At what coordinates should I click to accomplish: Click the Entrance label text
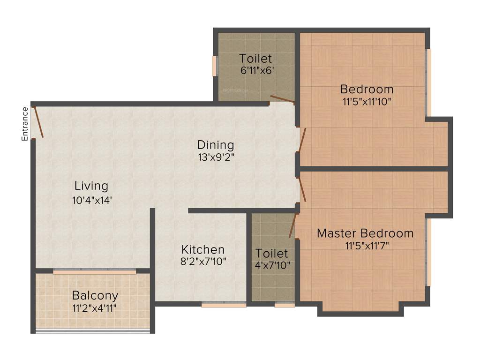tap(24, 124)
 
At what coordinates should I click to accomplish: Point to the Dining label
tap(215, 144)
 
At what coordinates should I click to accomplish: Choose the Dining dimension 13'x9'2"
tap(215, 157)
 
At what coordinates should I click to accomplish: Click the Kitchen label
tap(203, 249)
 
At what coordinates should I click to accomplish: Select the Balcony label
tap(95, 296)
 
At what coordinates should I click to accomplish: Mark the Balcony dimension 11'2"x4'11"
tap(95, 308)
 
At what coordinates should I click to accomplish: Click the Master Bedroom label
tap(365, 233)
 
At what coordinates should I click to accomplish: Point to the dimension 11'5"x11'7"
tap(365, 245)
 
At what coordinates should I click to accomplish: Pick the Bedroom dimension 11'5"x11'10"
tap(367, 101)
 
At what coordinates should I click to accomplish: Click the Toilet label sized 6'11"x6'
tap(255, 59)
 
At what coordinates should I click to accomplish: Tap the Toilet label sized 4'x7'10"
tap(272, 254)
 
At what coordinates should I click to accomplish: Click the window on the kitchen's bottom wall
tap(224, 305)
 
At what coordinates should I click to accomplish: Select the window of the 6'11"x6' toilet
tap(215, 66)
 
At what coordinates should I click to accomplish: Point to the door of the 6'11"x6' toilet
tap(282, 99)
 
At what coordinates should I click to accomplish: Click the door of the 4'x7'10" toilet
tap(293, 225)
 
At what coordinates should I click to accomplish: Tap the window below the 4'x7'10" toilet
tap(285, 305)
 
